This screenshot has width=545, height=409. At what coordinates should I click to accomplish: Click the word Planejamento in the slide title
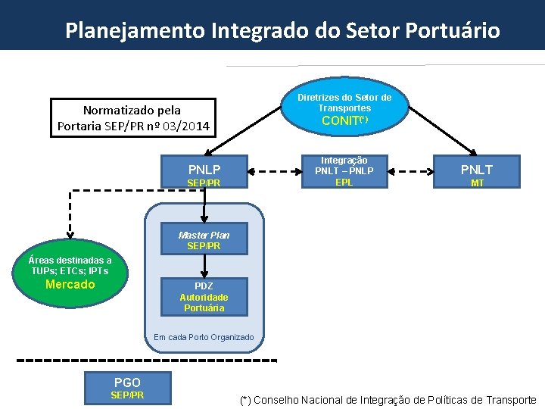tap(135, 30)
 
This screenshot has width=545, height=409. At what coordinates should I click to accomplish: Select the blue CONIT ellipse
tap(344, 108)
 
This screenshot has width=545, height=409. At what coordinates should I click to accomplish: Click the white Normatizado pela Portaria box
tap(132, 118)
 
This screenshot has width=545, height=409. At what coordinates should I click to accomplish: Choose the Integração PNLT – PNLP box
tap(344, 171)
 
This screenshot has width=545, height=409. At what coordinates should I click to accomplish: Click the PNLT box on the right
tap(477, 171)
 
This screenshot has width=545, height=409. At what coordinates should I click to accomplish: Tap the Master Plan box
tap(204, 239)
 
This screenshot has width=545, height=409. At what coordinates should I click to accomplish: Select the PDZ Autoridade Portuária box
tap(204, 297)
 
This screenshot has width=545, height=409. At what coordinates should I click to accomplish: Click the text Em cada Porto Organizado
tap(204, 337)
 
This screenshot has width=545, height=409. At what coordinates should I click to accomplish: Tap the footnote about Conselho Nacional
tap(388, 399)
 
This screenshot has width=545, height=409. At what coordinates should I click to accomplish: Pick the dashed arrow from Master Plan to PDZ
tap(204, 265)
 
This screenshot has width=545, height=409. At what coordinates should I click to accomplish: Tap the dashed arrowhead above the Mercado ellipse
tap(70, 234)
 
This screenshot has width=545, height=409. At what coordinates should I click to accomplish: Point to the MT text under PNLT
tap(477, 183)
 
